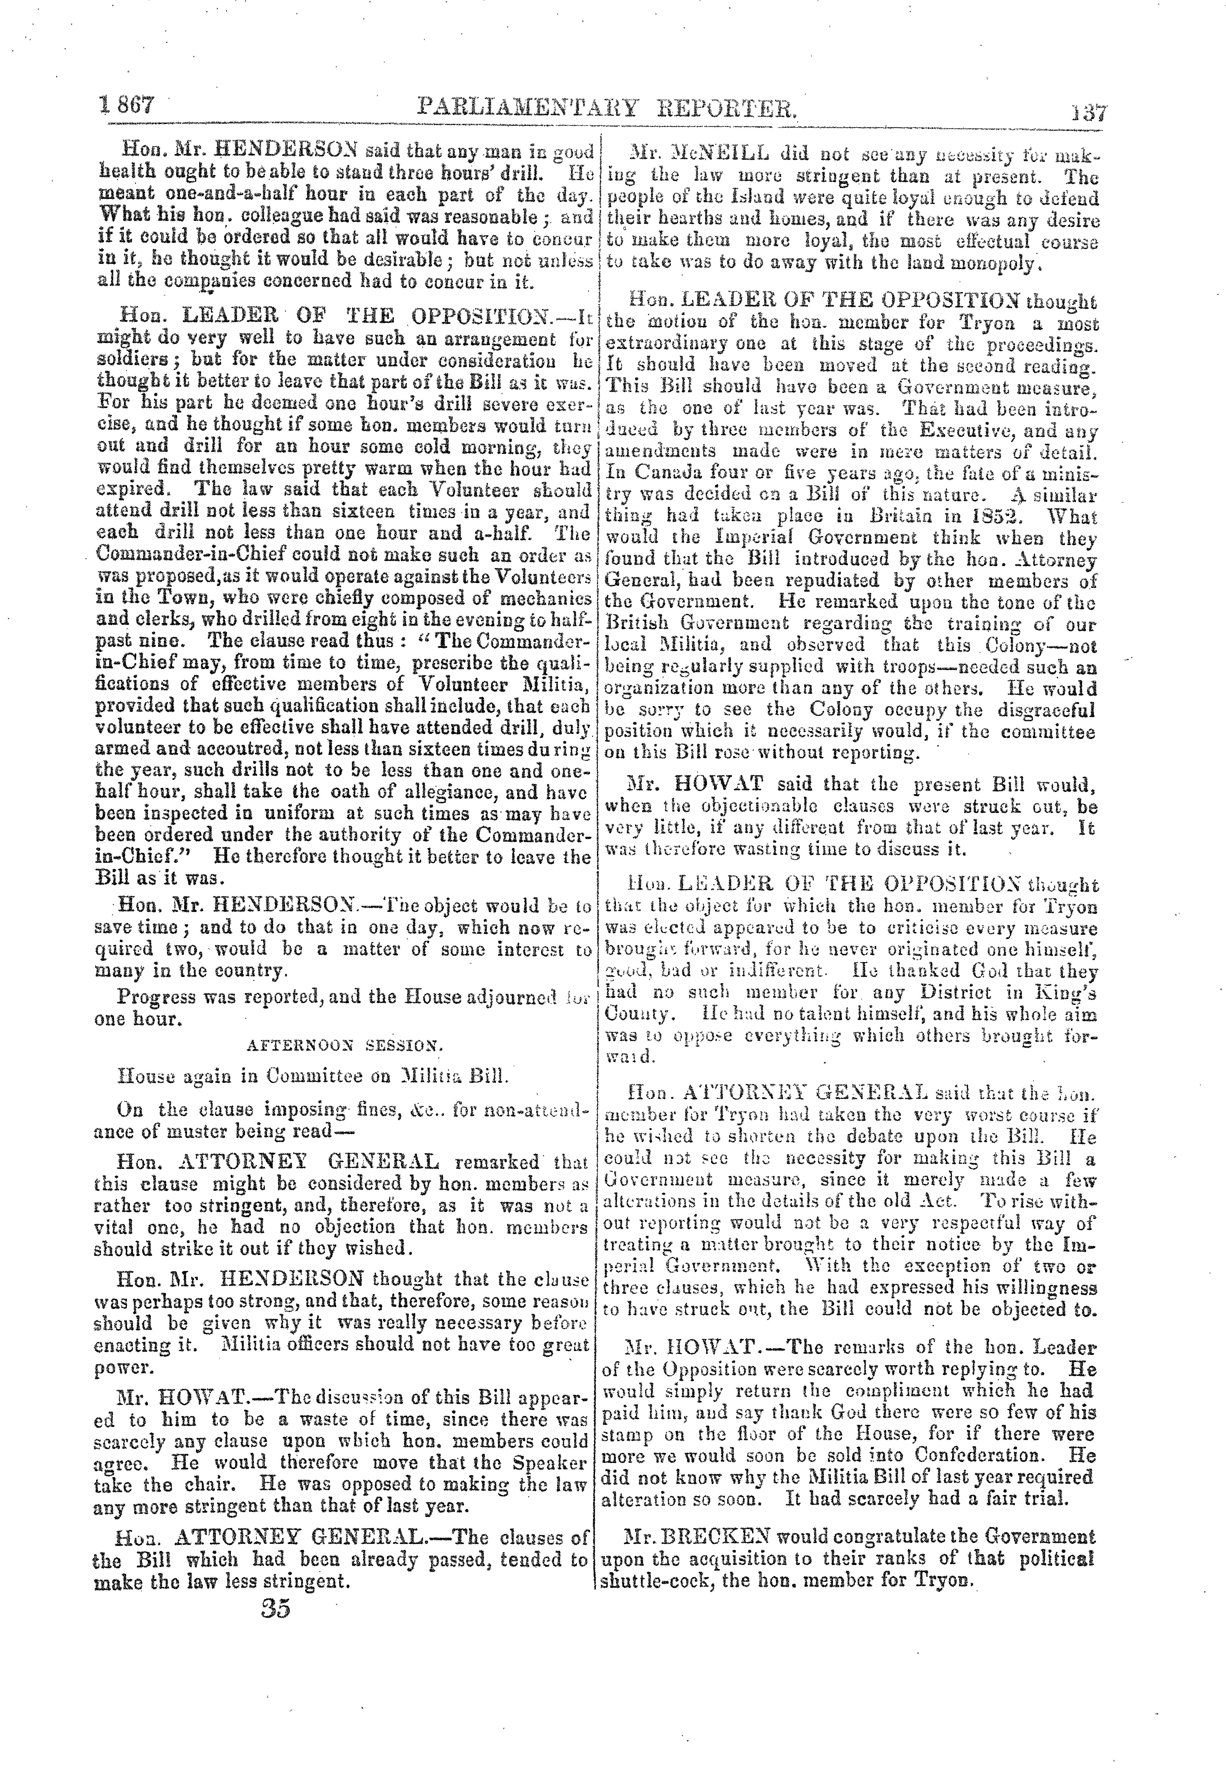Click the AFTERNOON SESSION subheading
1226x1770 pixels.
(x=344, y=1045)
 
